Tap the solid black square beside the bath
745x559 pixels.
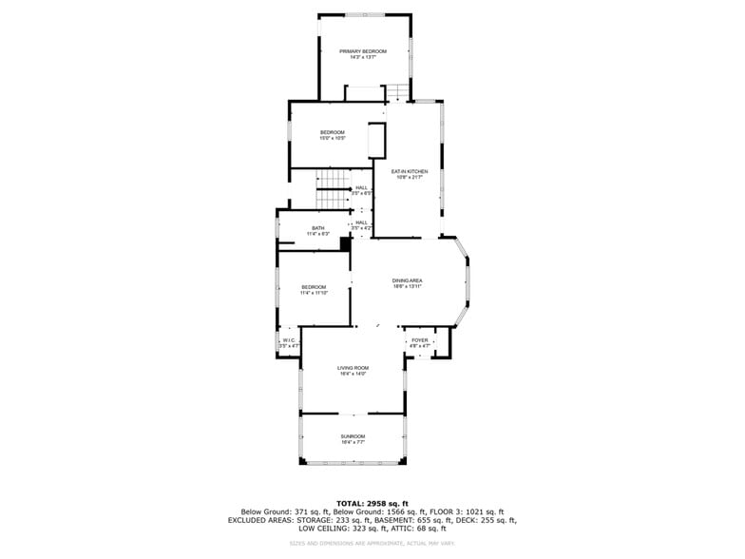345,243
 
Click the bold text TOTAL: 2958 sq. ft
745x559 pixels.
372,503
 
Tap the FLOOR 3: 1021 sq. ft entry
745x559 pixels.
470,511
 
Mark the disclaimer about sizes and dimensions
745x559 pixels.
372,543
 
